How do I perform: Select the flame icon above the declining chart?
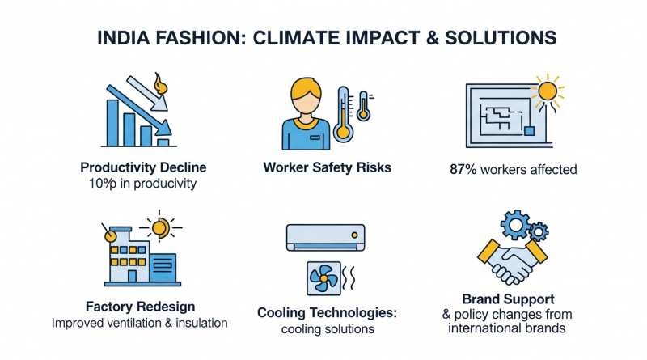tap(160, 84)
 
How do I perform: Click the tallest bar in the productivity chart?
tap(112, 123)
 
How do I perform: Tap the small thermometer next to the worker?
tap(363, 106)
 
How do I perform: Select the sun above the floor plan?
tap(548, 91)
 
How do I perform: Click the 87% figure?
tap(463, 169)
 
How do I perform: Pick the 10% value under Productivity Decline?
tap(103, 184)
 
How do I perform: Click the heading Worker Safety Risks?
tap(328, 167)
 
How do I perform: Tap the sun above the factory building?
tap(160, 227)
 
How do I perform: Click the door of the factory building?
tap(132, 276)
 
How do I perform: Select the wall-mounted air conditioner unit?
tap(326, 237)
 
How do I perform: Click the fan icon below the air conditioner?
tap(324, 278)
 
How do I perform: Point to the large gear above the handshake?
tap(516, 225)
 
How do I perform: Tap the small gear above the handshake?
tap(539, 231)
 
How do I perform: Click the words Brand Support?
tap(508, 299)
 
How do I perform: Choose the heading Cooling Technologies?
tap(328, 313)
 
